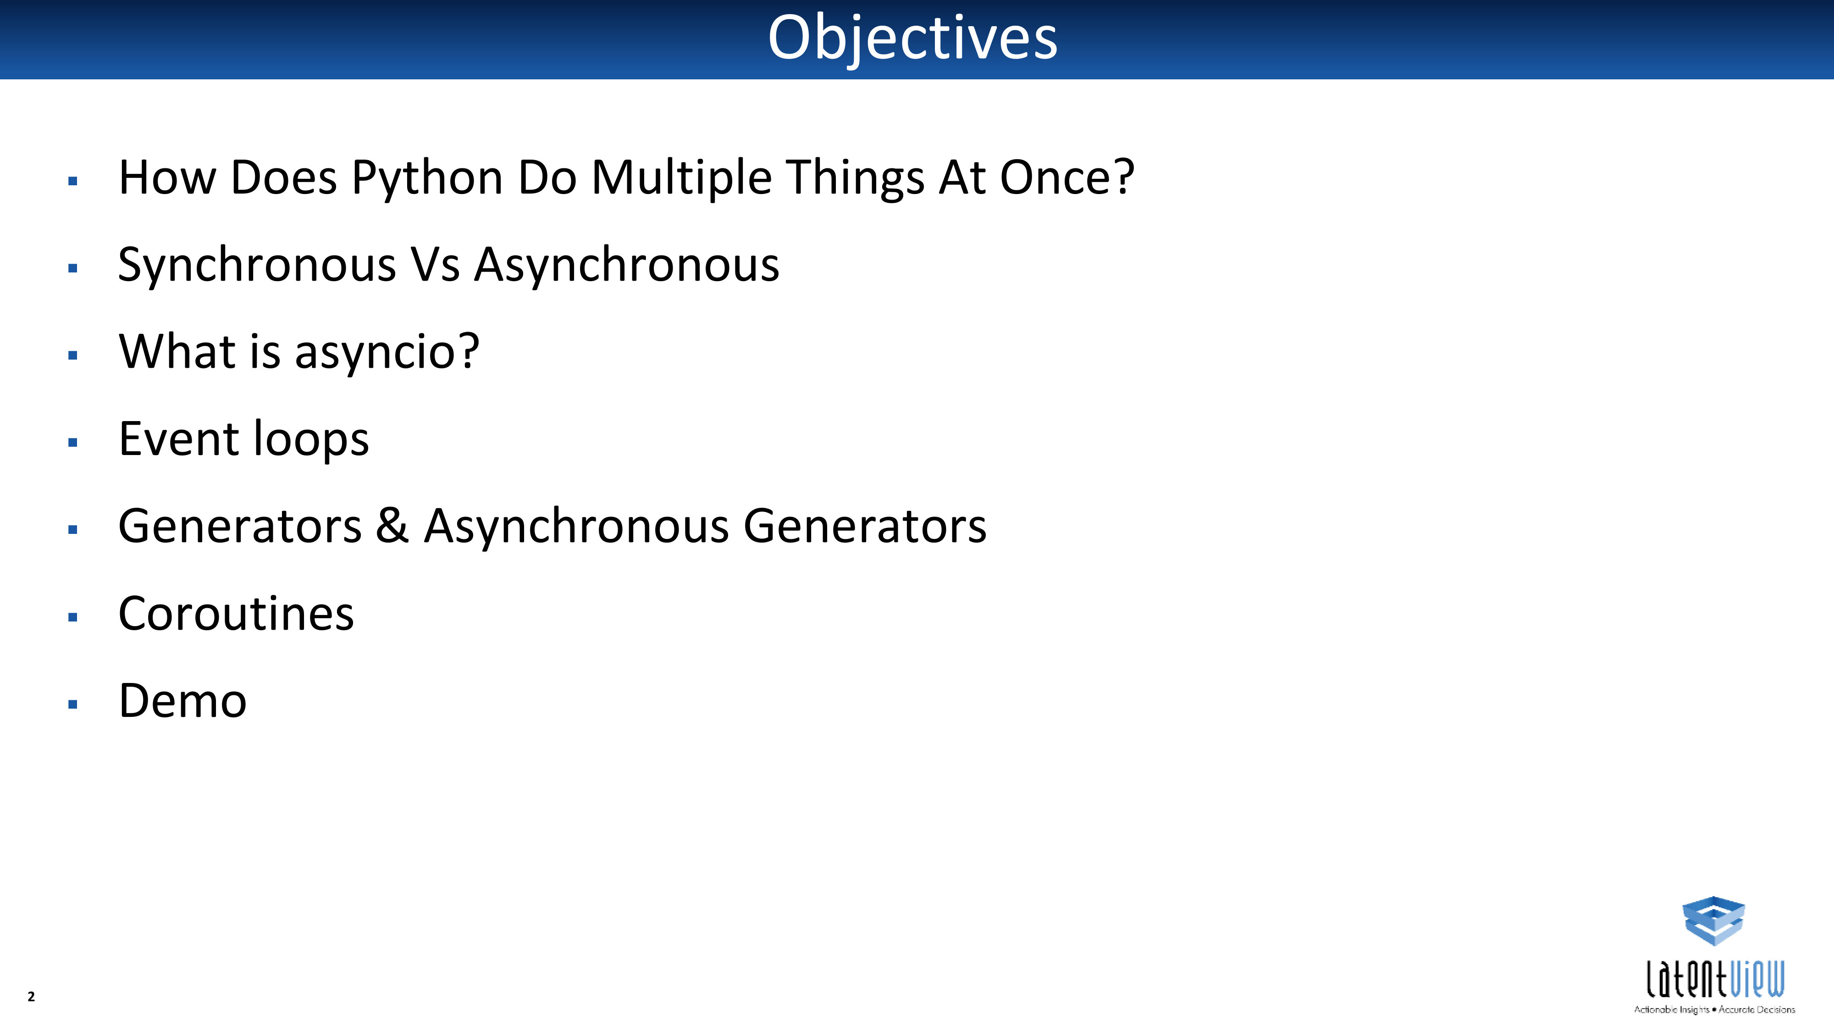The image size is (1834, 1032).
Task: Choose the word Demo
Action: pyautogui.click(x=183, y=701)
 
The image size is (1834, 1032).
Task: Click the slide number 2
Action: pyautogui.click(x=31, y=996)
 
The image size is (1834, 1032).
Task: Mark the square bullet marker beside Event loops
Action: pyautogui.click(x=72, y=442)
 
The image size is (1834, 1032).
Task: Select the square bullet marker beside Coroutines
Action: pyautogui.click(x=72, y=617)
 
